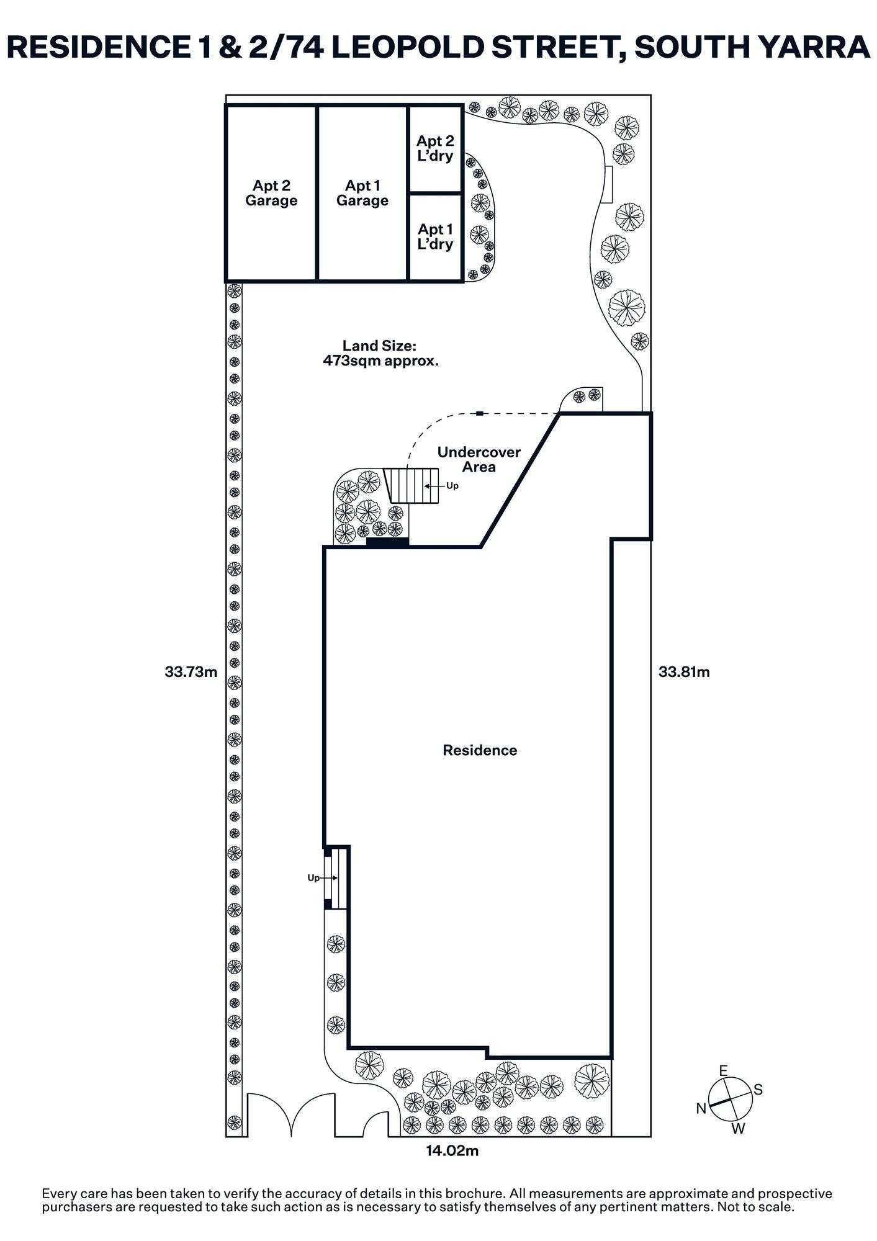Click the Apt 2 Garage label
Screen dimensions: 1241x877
pyautogui.click(x=271, y=193)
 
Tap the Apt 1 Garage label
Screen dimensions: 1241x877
pyautogui.click(x=362, y=193)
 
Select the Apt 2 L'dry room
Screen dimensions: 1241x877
pyautogui.click(x=435, y=149)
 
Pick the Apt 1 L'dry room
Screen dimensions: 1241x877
pyautogui.click(x=435, y=237)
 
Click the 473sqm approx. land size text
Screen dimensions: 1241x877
pyautogui.click(x=380, y=361)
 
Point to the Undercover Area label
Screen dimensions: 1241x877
pyautogui.click(x=479, y=459)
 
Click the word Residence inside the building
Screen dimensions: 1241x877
pyautogui.click(x=479, y=750)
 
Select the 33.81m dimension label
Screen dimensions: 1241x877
pyautogui.click(x=684, y=671)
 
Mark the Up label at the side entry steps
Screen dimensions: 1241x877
pyautogui.click(x=313, y=878)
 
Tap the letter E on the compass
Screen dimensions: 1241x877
pyautogui.click(x=722, y=1070)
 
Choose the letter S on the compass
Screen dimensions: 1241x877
pyautogui.click(x=758, y=1090)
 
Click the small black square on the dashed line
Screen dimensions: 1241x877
pyautogui.click(x=480, y=413)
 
